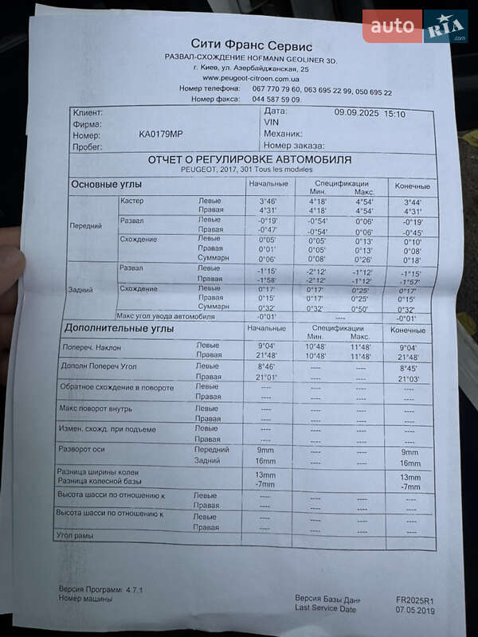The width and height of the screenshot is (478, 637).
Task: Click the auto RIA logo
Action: click(414, 26)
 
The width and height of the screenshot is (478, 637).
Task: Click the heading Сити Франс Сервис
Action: click(251, 45)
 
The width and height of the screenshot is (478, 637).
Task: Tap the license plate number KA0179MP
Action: click(160, 134)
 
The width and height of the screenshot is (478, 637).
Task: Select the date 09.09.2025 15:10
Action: click(370, 114)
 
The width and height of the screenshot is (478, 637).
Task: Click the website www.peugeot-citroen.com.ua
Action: click(251, 79)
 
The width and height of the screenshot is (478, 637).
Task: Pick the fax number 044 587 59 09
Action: click(276, 100)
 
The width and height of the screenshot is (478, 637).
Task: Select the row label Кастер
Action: click(131, 201)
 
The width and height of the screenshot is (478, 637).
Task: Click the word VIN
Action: click(271, 123)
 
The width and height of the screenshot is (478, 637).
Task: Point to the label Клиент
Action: click(88, 113)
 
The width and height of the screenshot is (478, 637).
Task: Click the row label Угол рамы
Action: click(76, 536)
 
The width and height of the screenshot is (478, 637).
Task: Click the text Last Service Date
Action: click(325, 608)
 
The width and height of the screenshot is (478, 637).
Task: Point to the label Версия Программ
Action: click(90, 589)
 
